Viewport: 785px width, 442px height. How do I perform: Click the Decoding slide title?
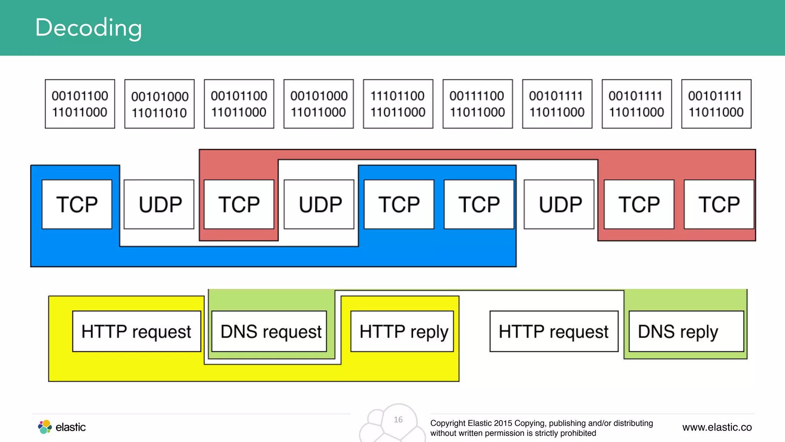[x=89, y=28]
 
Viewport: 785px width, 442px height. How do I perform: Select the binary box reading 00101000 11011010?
[x=159, y=104]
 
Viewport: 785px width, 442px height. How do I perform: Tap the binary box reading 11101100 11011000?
[x=398, y=104]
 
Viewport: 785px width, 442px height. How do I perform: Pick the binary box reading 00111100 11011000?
[x=478, y=104]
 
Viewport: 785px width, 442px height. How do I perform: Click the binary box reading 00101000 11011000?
[x=319, y=104]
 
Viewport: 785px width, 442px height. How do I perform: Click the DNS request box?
[x=269, y=331]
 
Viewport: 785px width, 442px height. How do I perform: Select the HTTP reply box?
[x=402, y=331]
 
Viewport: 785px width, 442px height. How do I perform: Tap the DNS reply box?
[x=686, y=331]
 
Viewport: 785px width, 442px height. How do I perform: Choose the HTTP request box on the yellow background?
[x=136, y=331]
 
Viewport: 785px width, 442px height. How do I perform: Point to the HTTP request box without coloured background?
[x=554, y=331]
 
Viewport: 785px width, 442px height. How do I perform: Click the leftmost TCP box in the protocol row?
[x=77, y=204]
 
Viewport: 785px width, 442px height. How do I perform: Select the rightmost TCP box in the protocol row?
[x=719, y=204]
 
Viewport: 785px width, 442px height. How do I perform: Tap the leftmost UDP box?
[x=159, y=204]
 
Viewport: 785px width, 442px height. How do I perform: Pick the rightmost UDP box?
[x=559, y=204]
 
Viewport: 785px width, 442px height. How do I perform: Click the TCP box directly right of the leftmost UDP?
[x=239, y=204]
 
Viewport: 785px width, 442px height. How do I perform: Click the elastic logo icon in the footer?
[x=45, y=427]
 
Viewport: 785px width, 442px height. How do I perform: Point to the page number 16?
[x=398, y=419]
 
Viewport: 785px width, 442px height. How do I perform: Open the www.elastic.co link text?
[x=717, y=427]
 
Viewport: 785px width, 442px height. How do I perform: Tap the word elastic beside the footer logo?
[x=71, y=427]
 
